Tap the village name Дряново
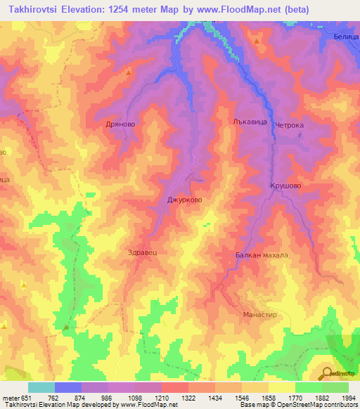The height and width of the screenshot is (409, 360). [118, 119]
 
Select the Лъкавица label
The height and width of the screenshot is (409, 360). [246, 121]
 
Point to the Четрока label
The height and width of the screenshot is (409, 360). [289, 126]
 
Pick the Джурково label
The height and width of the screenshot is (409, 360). [185, 200]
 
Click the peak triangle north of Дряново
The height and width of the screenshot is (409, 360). [129, 72]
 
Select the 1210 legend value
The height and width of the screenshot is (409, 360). [160, 398]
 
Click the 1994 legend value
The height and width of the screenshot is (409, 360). [347, 398]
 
